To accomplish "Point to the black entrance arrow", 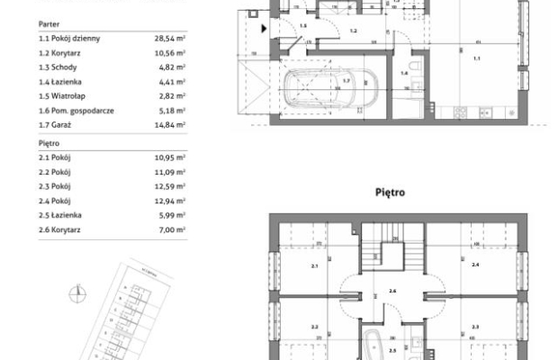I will click(x=263, y=29).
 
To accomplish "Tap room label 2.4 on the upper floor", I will click(x=475, y=267).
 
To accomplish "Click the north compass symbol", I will click(x=79, y=290).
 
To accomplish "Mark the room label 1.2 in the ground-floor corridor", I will click(x=353, y=31).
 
